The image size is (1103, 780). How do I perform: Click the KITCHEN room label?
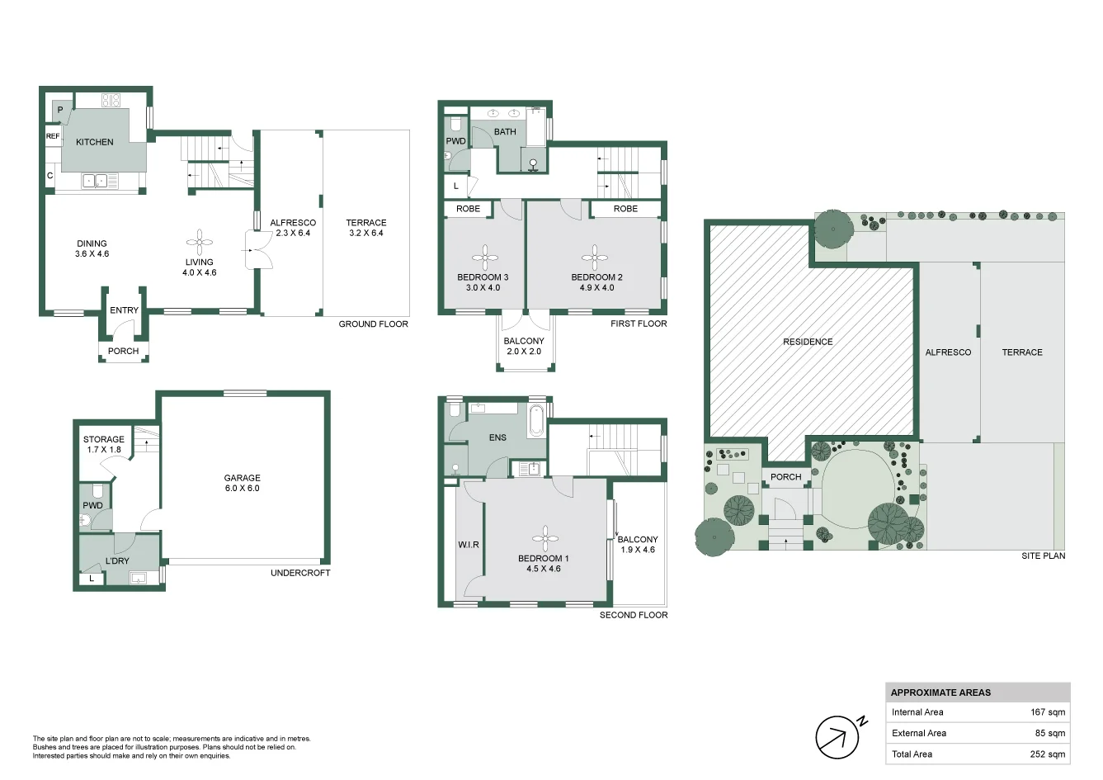coord(94,142)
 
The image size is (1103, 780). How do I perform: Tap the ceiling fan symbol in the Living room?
coord(199,242)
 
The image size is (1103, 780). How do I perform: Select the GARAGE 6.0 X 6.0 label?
coord(242,483)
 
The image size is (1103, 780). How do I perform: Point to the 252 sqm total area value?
coord(1049,754)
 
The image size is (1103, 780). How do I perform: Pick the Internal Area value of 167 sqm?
coord(1048,712)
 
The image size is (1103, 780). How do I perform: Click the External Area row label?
coord(919,733)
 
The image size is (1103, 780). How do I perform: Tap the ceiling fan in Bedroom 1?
coord(544,539)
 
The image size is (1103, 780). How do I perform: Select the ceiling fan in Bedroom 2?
coord(594,253)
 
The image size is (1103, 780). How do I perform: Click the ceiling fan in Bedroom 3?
coord(483,253)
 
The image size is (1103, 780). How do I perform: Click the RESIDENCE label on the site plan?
coord(808,342)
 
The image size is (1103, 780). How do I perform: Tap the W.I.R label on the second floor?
coord(469,545)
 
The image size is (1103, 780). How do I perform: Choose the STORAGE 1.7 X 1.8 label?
coord(104,445)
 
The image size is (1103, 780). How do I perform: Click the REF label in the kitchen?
coord(53,136)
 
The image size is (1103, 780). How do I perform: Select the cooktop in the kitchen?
coord(111,101)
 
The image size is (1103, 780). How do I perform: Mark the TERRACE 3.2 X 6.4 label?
coord(365,228)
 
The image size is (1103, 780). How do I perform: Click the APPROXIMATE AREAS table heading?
coord(940,693)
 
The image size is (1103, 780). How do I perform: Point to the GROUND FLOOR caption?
coord(373,324)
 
